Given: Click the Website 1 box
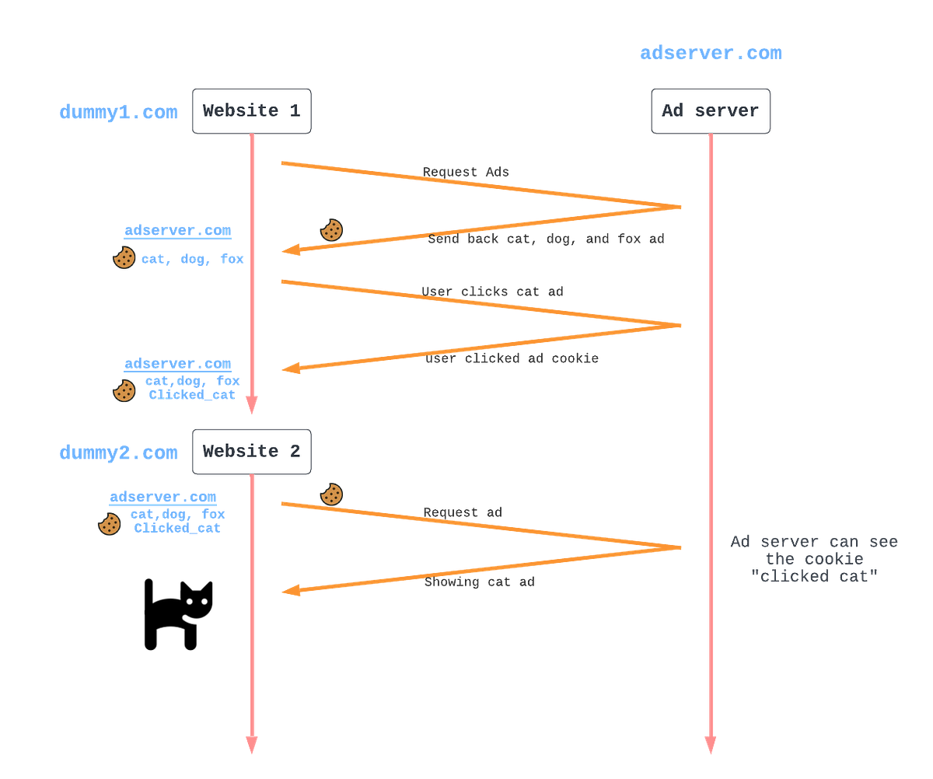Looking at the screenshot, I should click(251, 110).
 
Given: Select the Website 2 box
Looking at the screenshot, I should click(251, 451).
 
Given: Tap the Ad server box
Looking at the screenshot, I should click(710, 110).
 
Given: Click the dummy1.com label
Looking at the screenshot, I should click(118, 113).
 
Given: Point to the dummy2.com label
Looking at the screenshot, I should click(118, 453).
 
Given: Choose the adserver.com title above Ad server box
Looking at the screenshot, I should click(711, 54).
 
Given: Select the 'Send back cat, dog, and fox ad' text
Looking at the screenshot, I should click(546, 239).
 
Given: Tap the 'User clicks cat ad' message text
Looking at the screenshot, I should click(492, 292).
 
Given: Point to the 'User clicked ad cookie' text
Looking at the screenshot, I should click(512, 359).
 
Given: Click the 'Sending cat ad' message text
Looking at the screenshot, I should click(479, 582).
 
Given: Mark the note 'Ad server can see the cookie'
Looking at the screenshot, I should click(814, 559).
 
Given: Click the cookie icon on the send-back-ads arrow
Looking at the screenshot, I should click(331, 230).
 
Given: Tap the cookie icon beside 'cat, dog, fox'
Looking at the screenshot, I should click(124, 258).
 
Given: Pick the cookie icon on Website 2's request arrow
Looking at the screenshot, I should click(331, 494).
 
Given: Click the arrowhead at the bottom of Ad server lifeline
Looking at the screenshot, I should click(709, 745).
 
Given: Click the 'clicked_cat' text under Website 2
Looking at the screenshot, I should click(177, 528).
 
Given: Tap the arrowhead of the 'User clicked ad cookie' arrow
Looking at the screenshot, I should click(289, 369).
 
